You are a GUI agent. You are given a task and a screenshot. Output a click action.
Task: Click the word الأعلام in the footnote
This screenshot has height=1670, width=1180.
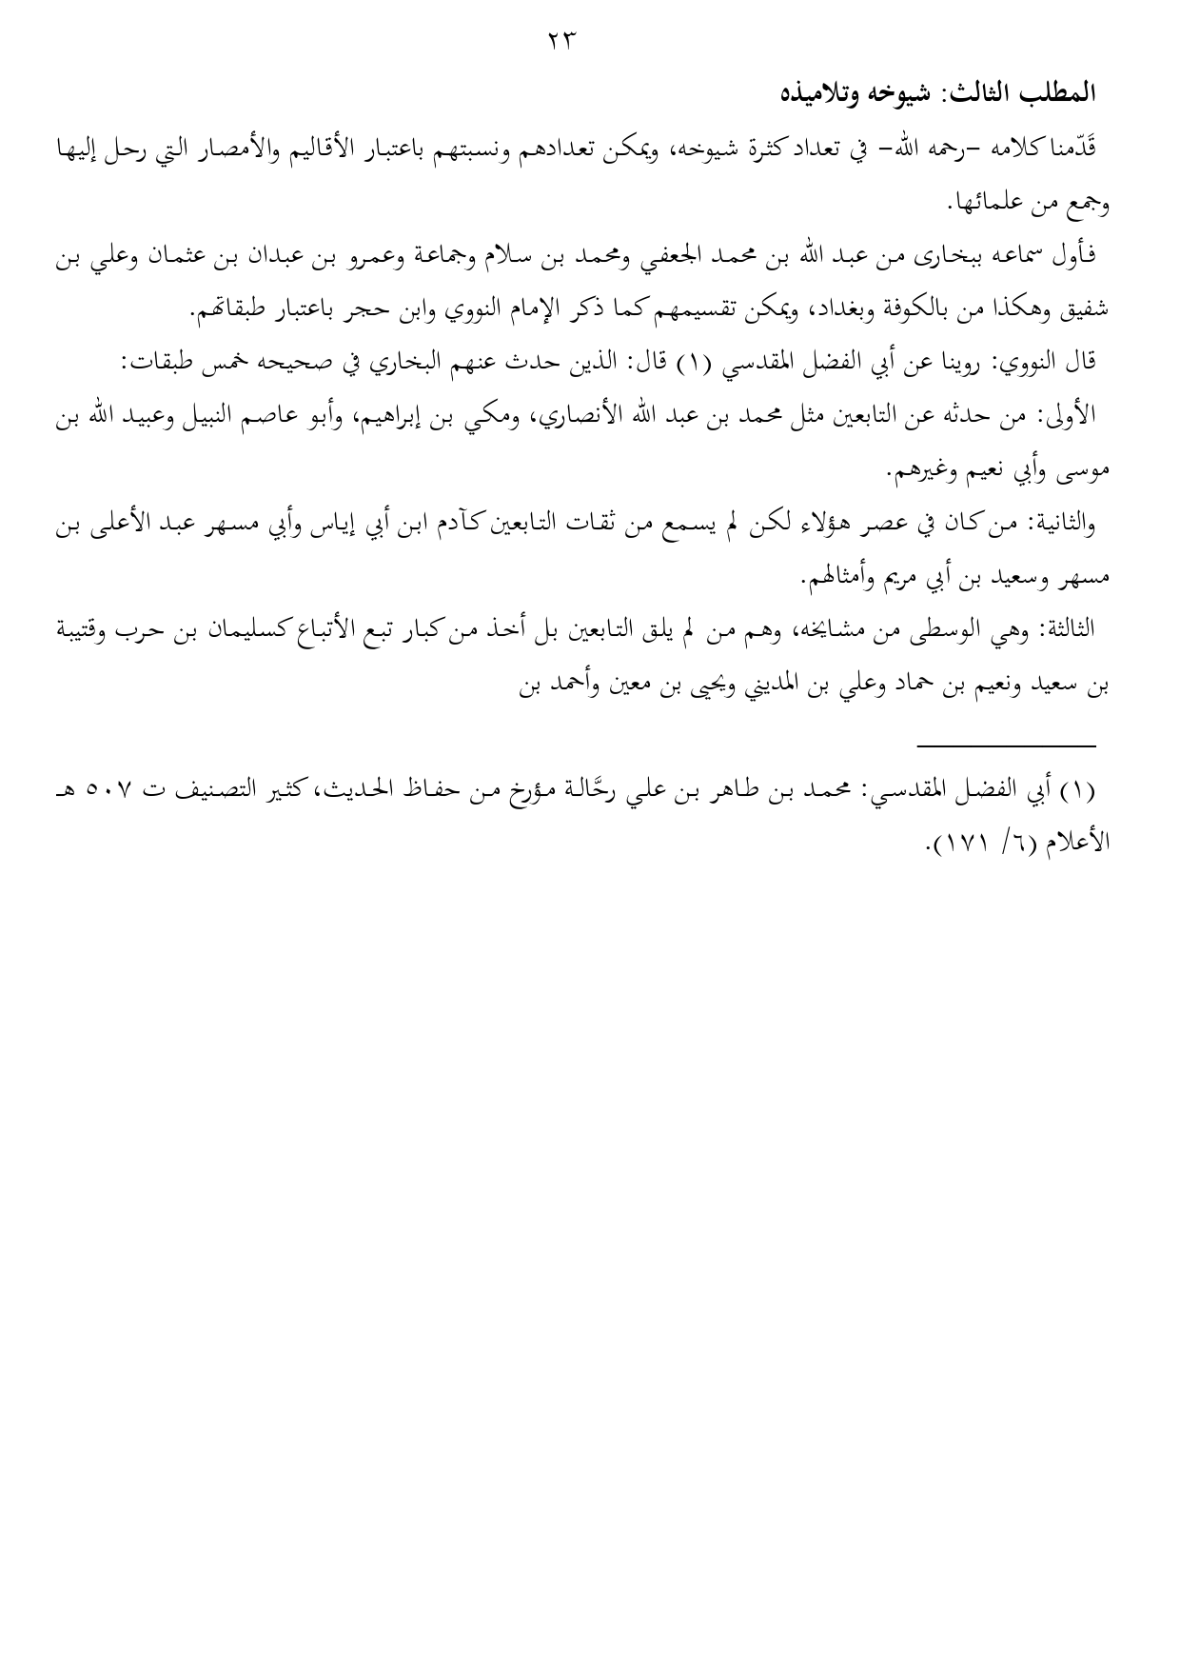tap(1066, 843)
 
